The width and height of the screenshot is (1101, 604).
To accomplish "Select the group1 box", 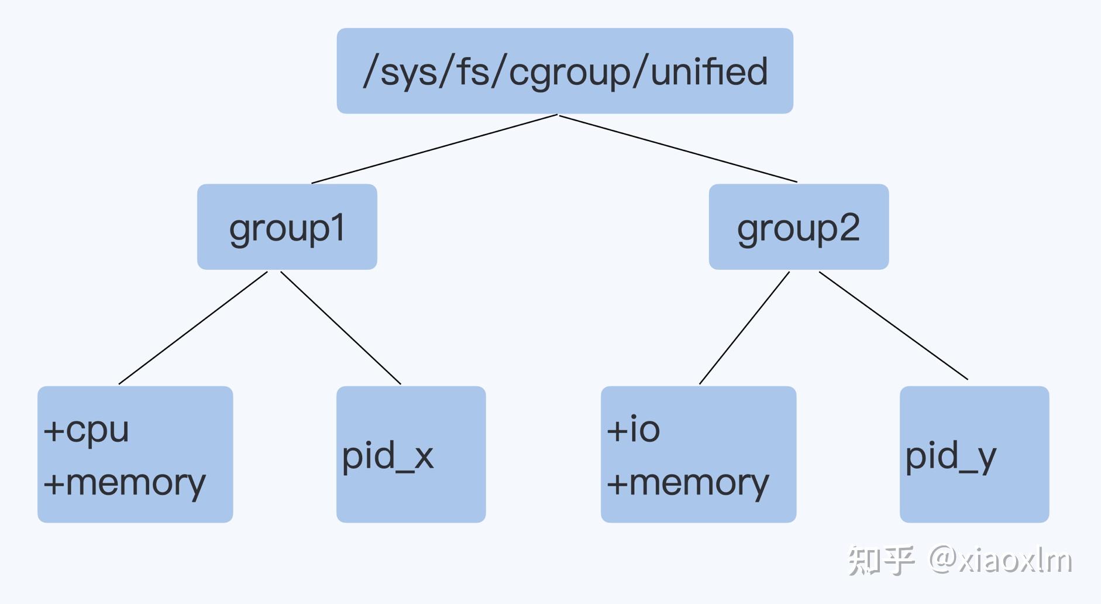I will [287, 227].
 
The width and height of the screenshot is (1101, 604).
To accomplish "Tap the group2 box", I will [799, 227].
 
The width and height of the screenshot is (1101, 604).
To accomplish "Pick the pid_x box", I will [411, 454].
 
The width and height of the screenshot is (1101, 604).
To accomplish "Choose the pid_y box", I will [974, 454].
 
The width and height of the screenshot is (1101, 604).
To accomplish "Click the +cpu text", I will [87, 430].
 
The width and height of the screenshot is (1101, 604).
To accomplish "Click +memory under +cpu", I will [125, 483].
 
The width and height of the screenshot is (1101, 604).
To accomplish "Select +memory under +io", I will [688, 483].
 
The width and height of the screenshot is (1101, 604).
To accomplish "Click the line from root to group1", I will [434, 149].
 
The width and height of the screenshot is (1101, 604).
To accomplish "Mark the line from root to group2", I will [679, 149].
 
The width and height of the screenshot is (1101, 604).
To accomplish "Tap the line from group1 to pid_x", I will [340, 328].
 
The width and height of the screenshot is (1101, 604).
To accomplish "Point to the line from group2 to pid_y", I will [893, 325].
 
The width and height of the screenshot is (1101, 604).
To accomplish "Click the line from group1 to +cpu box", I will [193, 328].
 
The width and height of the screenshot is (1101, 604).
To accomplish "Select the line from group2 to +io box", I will [744, 328].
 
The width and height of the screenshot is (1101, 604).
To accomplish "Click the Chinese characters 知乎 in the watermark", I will [881, 560].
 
